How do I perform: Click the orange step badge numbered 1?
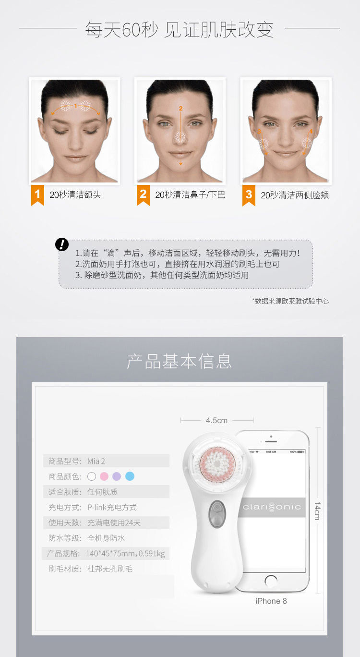[x=37, y=195]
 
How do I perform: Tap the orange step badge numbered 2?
[x=143, y=195]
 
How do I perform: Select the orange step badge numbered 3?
[x=249, y=195]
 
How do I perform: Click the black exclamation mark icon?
[x=62, y=244]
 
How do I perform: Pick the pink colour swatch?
[x=104, y=476]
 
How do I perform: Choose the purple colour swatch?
[x=117, y=476]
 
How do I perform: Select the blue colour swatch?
[x=130, y=476]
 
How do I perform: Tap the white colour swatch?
[x=92, y=476]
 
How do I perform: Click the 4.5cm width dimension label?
[x=216, y=420]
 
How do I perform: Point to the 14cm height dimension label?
[x=317, y=511]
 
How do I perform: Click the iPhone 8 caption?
[x=271, y=601]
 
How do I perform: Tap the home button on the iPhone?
[x=271, y=581]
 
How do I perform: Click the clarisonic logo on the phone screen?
[x=272, y=507]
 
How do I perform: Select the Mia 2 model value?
[x=96, y=461]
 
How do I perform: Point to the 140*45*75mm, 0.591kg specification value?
[x=125, y=553]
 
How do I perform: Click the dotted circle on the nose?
[x=180, y=137]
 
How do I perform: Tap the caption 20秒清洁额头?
[x=75, y=195]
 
